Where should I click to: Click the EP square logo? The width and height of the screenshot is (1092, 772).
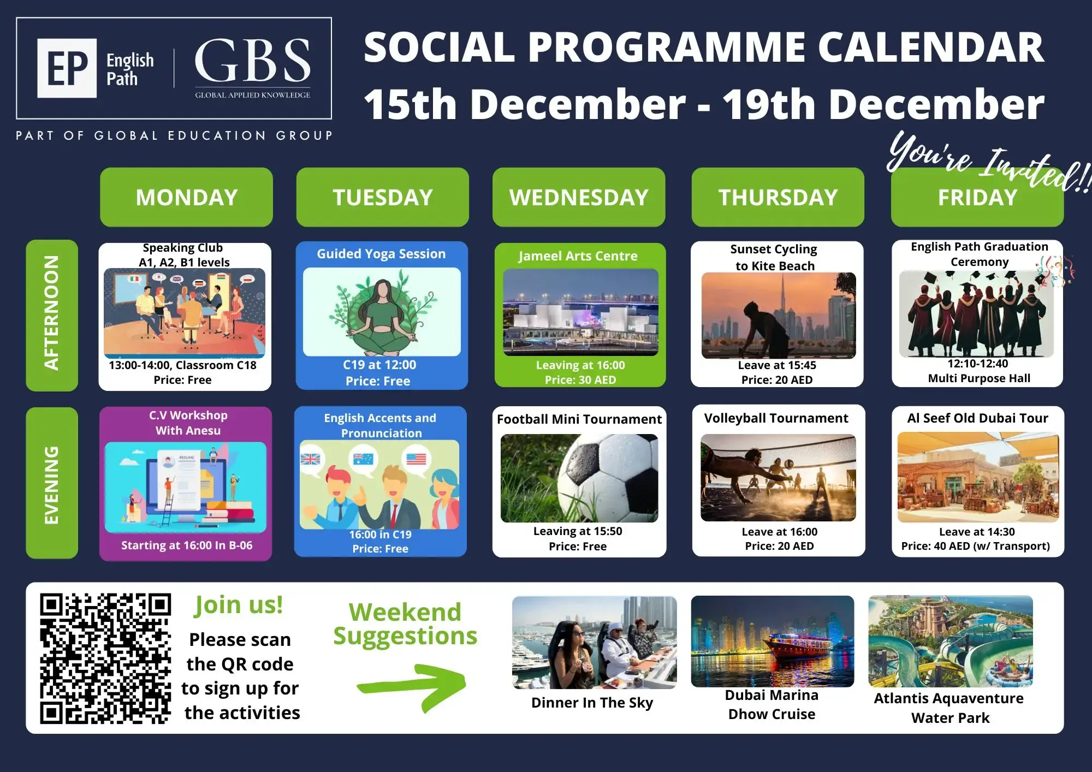pos(67,68)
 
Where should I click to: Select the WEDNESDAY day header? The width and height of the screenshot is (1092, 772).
pos(579,197)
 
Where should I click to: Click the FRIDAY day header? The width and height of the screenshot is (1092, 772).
pos(977,197)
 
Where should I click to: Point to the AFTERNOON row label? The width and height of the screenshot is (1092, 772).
pos(52,315)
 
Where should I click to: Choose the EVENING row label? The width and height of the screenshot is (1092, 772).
pos(52,483)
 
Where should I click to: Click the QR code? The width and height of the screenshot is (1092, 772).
pos(105,658)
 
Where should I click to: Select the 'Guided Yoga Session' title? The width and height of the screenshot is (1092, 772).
pos(381,254)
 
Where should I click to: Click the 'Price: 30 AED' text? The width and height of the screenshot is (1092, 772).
pos(580,380)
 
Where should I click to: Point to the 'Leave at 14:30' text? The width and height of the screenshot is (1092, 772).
pos(977,532)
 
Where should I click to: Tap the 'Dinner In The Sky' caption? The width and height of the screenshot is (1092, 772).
pos(592,703)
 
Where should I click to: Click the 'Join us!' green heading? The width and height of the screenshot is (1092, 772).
pos(239,605)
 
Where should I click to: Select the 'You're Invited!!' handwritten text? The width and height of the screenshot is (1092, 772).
pos(988,163)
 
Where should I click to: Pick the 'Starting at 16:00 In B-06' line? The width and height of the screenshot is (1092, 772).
pos(187,545)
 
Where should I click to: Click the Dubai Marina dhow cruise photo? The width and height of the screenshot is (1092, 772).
pos(772,641)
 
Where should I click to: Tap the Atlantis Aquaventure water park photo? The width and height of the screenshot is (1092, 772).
pos(951,641)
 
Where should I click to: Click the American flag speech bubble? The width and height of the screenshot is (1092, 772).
pos(416,459)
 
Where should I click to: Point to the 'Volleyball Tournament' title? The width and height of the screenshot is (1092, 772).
pos(776,418)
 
